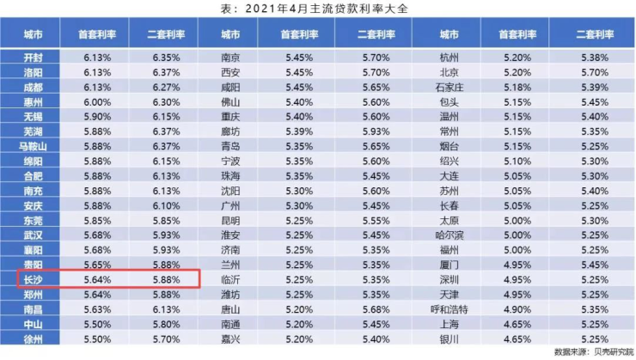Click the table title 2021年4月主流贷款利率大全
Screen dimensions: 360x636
pyautogui.click(x=319, y=9)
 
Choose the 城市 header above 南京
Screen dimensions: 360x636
pyautogui.click(x=230, y=35)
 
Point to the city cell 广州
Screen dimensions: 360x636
pyautogui.click(x=230, y=206)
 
